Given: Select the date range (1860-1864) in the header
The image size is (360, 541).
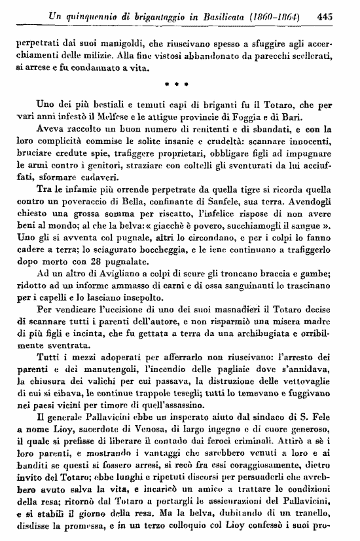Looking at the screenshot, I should pyautogui.click(x=279, y=11).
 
